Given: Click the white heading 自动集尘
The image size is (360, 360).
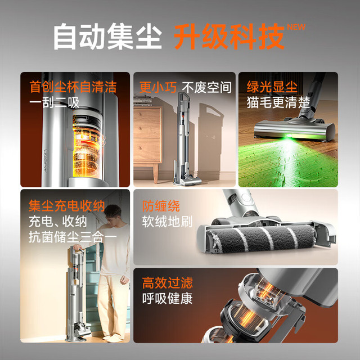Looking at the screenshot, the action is click(x=107, y=37).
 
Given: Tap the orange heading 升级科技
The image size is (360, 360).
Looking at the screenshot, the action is click(x=229, y=37).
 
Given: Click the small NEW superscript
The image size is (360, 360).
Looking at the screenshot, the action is click(x=296, y=27).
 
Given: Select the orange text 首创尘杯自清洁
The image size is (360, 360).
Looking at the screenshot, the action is click(x=73, y=87).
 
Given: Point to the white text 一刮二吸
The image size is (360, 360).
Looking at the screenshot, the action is click(x=55, y=102).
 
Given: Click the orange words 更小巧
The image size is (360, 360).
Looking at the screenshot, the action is click(x=157, y=88).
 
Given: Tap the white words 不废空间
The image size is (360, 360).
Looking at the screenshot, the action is click(x=206, y=88).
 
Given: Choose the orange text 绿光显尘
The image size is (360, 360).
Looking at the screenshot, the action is click(x=272, y=87).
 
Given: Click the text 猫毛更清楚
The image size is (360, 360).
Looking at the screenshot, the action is click(x=278, y=102).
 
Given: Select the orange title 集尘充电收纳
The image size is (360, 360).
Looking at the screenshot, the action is click(x=66, y=205).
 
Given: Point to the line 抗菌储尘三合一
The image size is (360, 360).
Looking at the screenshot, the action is click(x=73, y=237).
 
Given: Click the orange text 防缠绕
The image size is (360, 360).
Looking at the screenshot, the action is click(x=161, y=206).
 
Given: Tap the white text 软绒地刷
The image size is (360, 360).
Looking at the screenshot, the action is click(x=168, y=222).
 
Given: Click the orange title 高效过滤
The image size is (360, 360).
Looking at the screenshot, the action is click(x=168, y=283).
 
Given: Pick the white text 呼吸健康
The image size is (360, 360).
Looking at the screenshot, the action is click(x=168, y=299).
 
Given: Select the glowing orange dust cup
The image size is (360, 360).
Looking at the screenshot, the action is click(x=87, y=147).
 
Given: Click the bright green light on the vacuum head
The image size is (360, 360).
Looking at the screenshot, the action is click(x=289, y=136).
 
